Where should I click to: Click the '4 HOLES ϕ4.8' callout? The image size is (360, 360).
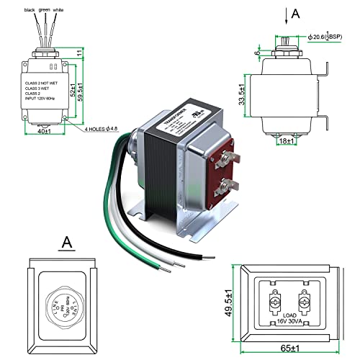(x=104, y=130)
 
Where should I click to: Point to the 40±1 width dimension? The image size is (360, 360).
(x=44, y=132)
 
